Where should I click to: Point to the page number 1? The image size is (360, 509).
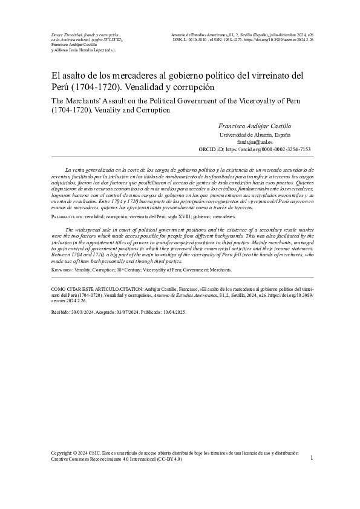(311, 459)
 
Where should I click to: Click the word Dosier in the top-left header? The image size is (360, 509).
(57, 36)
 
